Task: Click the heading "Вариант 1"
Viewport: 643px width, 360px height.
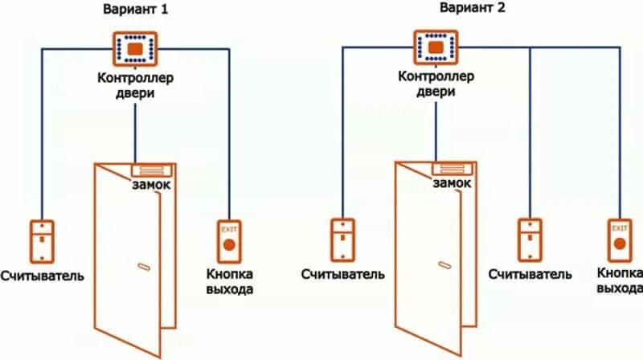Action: tap(135, 10)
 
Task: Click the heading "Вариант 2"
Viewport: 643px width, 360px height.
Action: tap(438, 9)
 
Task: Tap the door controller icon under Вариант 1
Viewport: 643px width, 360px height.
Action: tap(134, 48)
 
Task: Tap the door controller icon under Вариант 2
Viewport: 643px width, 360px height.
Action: tap(436, 47)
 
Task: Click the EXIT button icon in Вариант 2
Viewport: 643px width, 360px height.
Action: tap(619, 239)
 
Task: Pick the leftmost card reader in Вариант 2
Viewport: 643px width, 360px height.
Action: tap(343, 239)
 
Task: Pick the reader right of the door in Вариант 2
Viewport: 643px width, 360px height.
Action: tap(530, 239)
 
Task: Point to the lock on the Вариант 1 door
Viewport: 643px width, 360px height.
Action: tap(151, 170)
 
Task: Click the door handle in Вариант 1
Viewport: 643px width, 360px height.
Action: tap(143, 266)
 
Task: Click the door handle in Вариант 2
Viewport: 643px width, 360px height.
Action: tap(444, 265)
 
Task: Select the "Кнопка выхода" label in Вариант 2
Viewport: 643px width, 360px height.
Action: tap(620, 280)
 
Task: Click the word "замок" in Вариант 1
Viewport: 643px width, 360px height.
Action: tap(152, 186)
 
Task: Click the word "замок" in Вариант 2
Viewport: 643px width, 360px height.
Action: tap(452, 184)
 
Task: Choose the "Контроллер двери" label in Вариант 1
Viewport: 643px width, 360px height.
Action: tap(135, 85)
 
